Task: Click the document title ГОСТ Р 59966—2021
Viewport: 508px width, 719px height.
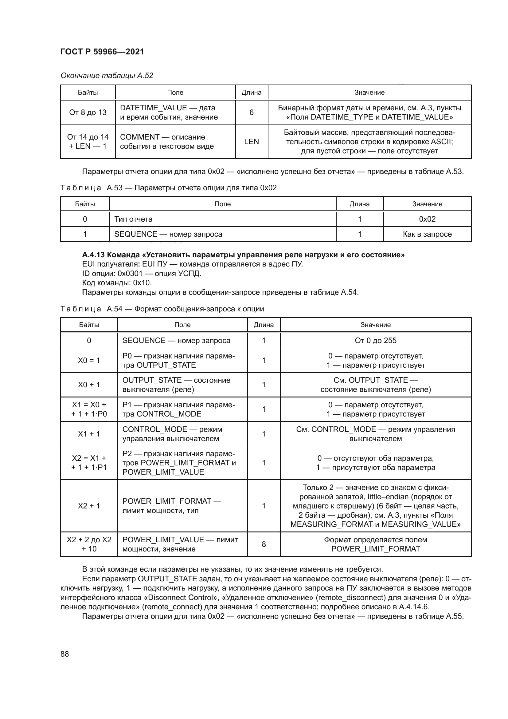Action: (x=102, y=52)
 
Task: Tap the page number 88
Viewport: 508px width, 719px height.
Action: (x=65, y=654)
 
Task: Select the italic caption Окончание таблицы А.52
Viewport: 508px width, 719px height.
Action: (x=107, y=76)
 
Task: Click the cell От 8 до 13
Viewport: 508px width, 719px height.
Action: (x=88, y=113)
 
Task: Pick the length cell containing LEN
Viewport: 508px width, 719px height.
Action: (x=252, y=141)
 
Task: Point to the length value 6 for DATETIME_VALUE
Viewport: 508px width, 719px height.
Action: (x=252, y=113)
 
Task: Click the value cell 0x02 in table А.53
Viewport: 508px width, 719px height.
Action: (x=427, y=219)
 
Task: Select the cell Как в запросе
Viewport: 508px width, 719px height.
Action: (x=427, y=234)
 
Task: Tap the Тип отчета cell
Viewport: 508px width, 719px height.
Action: (x=133, y=219)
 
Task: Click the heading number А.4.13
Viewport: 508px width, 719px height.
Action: (x=95, y=255)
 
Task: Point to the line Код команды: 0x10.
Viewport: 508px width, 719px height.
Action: (x=117, y=283)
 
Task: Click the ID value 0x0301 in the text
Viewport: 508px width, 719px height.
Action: (x=130, y=273)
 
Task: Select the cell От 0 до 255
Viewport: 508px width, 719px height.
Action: (x=375, y=340)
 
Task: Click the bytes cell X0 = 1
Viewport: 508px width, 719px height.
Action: (x=89, y=361)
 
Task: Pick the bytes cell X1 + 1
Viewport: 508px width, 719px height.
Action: (x=89, y=434)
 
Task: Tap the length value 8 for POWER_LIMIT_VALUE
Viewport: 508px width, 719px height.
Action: (x=264, y=544)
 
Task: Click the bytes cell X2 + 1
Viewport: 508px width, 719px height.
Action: (x=89, y=506)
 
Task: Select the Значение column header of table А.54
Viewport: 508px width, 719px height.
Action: (x=375, y=325)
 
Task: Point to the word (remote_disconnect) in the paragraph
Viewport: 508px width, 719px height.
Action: (x=351, y=598)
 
